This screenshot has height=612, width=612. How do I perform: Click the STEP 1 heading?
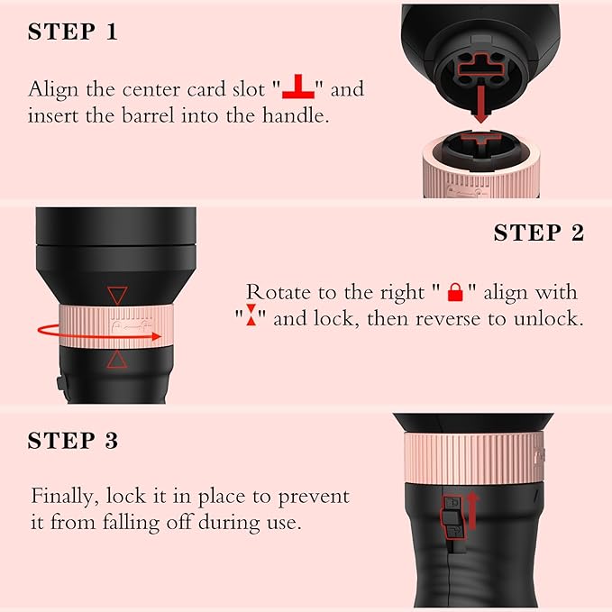pyautogui.click(x=73, y=32)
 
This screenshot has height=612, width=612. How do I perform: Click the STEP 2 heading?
pyautogui.click(x=538, y=233)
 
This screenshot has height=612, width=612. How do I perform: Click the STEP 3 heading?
pyautogui.click(x=73, y=441)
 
